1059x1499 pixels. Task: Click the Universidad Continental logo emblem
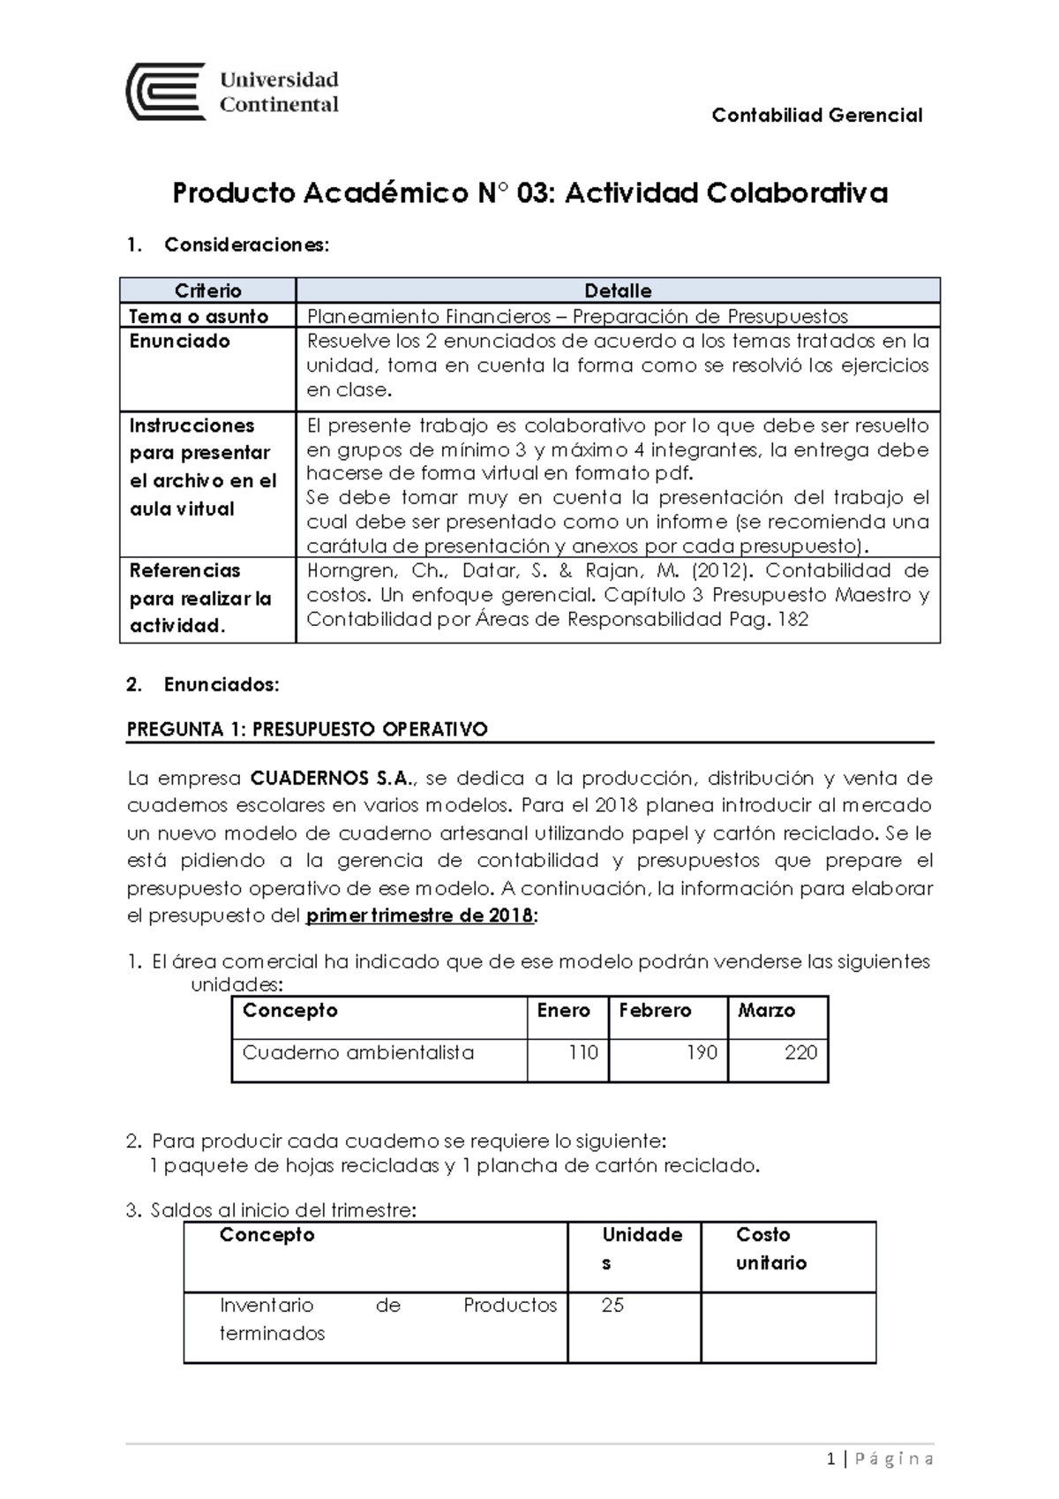coord(166,91)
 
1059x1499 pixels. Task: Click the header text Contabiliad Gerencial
coord(816,116)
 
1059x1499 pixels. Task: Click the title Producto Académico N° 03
coord(529,192)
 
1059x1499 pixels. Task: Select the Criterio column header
coord(207,290)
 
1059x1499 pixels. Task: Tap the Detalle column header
coord(618,290)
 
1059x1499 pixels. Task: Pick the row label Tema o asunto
coord(199,316)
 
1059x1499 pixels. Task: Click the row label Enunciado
coord(180,341)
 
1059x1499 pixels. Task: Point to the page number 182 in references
coord(792,620)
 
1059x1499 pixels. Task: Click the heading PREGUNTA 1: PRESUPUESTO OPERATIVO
coord(307,729)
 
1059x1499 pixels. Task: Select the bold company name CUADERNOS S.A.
coord(332,779)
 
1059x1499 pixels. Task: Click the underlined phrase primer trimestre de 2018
coord(419,915)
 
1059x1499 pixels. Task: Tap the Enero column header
coord(563,1010)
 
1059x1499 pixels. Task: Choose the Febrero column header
coord(655,1010)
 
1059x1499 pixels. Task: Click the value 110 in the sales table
coord(583,1052)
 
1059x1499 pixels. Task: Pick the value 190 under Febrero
coord(702,1052)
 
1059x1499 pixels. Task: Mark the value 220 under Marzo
coord(800,1052)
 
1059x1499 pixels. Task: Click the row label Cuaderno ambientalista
coord(358,1052)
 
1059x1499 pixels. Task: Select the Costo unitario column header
coord(771,1248)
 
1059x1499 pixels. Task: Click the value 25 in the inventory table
coord(612,1305)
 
